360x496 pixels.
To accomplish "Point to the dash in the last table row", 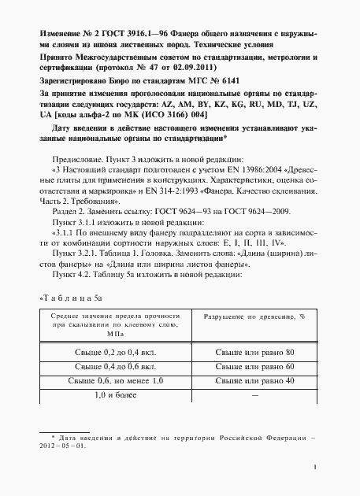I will click(x=254, y=394).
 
